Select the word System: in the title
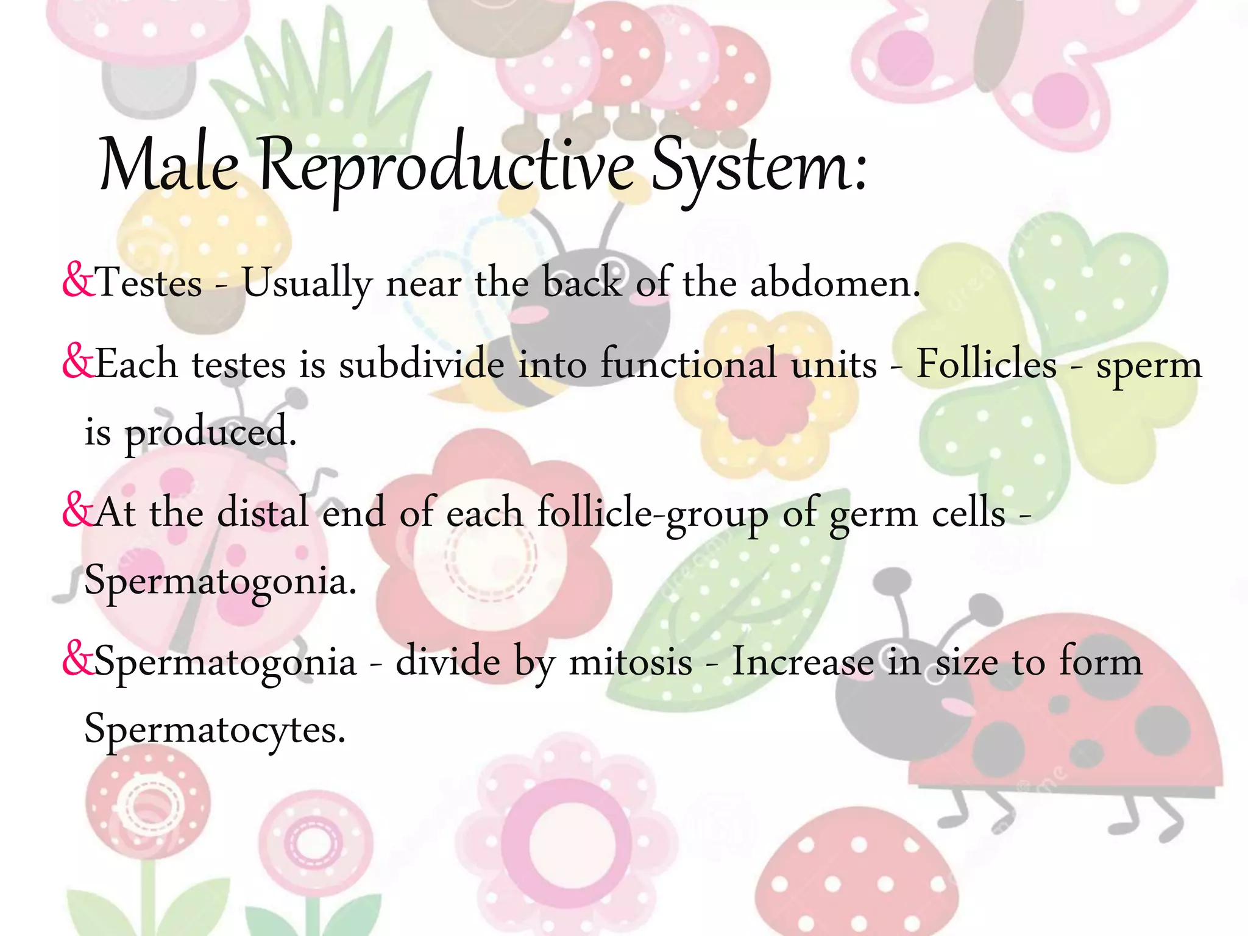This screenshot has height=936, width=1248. pos(759,166)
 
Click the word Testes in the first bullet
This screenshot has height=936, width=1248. pos(149,283)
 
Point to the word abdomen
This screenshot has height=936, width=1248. pos(834,283)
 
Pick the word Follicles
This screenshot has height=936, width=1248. pos(987,364)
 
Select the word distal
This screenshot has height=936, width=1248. pos(263,512)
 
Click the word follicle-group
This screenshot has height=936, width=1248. pos(652,514)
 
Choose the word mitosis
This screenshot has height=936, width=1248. pos(630,662)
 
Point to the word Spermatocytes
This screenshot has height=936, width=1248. pos(214,729)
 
